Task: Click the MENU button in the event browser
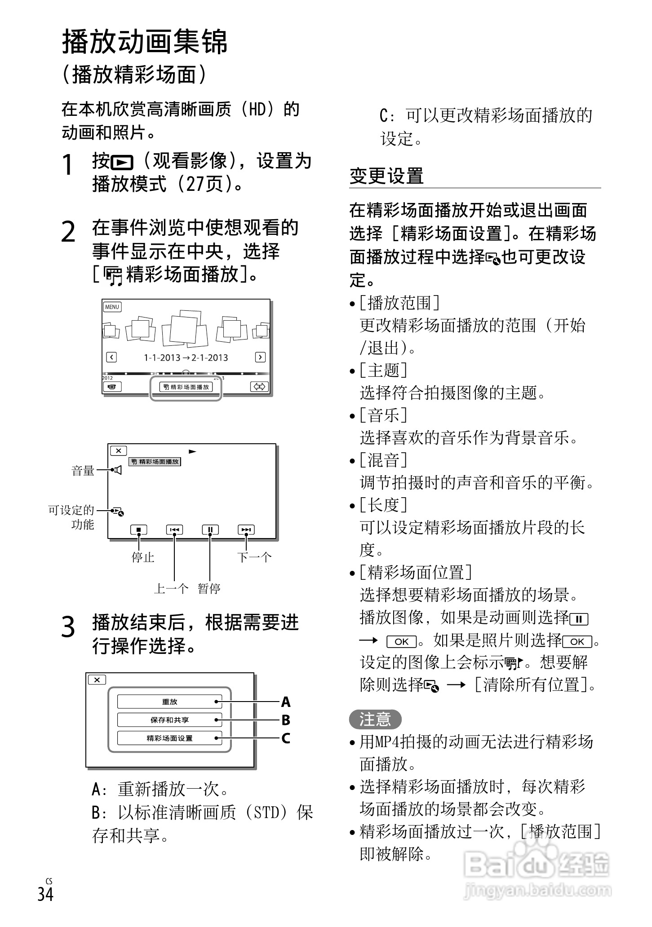point(112,307)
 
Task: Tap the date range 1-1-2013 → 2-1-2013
point(186,358)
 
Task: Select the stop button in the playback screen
point(138,530)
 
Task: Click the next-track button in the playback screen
point(246,530)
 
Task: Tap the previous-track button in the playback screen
point(174,530)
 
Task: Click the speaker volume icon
point(118,470)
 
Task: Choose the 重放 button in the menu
point(169,702)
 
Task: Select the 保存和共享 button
point(169,720)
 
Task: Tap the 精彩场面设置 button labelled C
point(169,738)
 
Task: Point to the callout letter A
point(286,702)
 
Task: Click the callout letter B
point(286,720)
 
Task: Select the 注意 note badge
point(375,720)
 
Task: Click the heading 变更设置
point(386,176)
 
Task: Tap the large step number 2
point(68,232)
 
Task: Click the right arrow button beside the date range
point(260,357)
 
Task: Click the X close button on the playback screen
point(119,450)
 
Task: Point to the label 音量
point(83,471)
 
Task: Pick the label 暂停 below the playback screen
point(209,588)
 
